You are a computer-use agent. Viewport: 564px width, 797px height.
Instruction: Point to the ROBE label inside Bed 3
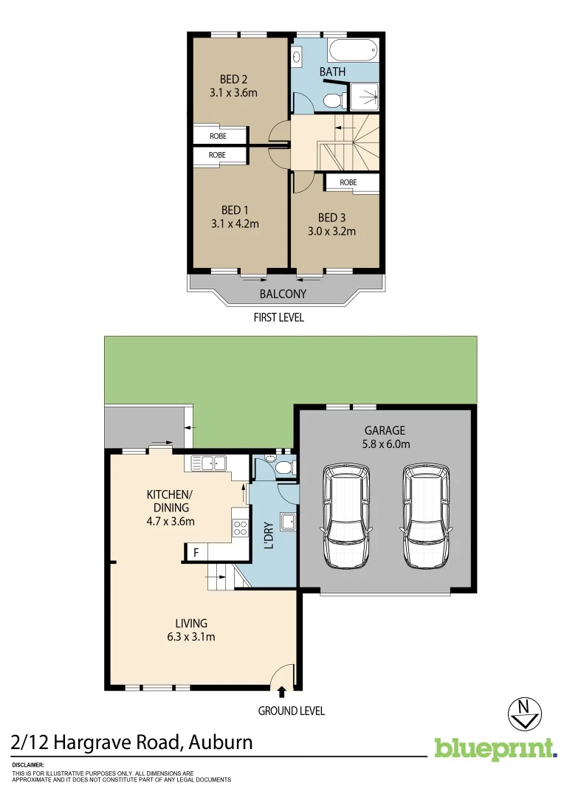pyautogui.click(x=348, y=182)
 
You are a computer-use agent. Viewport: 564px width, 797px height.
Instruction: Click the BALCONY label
pyautogui.click(x=283, y=294)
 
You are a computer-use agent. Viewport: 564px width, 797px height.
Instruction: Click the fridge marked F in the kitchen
pyautogui.click(x=196, y=552)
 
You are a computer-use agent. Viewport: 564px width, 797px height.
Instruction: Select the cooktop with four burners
pyautogui.click(x=240, y=527)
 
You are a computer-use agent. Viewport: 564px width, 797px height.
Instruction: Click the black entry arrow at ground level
pyautogui.click(x=281, y=691)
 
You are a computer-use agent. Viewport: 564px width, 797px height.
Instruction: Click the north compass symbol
pyautogui.click(x=525, y=711)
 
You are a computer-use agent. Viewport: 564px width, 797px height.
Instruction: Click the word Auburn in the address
pyautogui.click(x=221, y=742)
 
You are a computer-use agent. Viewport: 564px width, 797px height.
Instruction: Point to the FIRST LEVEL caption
pyautogui.click(x=278, y=318)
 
